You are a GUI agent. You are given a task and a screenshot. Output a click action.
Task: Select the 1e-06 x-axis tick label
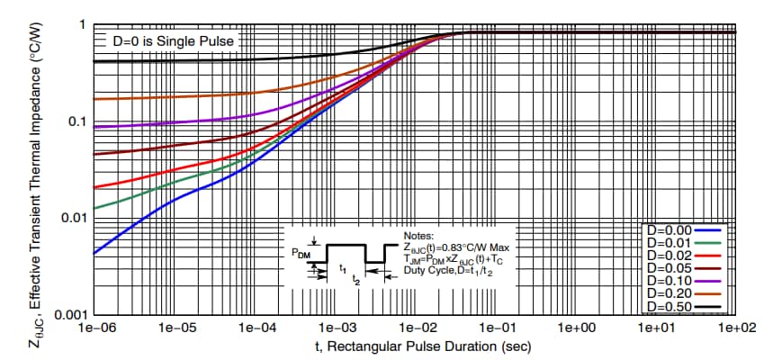tap(94, 328)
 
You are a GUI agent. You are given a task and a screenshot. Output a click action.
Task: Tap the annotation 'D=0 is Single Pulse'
tap(172, 42)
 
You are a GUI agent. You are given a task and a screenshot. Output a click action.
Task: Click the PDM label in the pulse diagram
tap(295, 255)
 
